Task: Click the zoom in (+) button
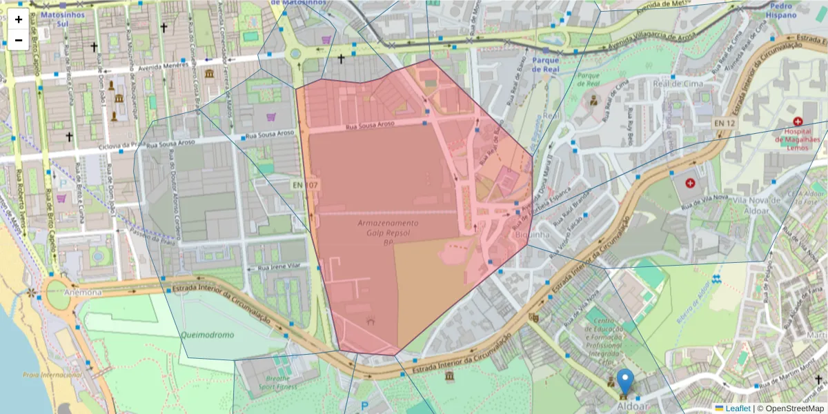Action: [x=19, y=19]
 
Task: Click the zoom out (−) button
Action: [x=19, y=40]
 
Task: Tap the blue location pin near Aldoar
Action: [x=625, y=382]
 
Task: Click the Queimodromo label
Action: [x=208, y=335]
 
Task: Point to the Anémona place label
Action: [x=83, y=292]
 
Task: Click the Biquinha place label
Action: [x=531, y=235]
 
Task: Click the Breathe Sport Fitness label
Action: [x=278, y=382]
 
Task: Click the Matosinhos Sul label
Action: [x=63, y=18]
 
